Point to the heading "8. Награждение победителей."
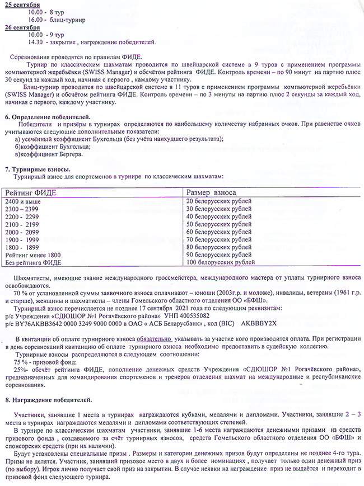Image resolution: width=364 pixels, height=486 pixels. click(48, 401)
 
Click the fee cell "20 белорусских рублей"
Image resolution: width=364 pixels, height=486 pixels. click(219, 201)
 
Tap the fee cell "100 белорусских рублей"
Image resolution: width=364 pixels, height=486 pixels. click(221, 262)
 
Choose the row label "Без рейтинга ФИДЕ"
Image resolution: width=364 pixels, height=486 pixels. click(32, 262)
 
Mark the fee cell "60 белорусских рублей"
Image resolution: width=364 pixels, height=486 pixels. click(219, 232)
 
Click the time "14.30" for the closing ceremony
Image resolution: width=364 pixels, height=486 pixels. click(35, 42)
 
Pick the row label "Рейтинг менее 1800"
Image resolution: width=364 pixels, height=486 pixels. click(32, 254)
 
